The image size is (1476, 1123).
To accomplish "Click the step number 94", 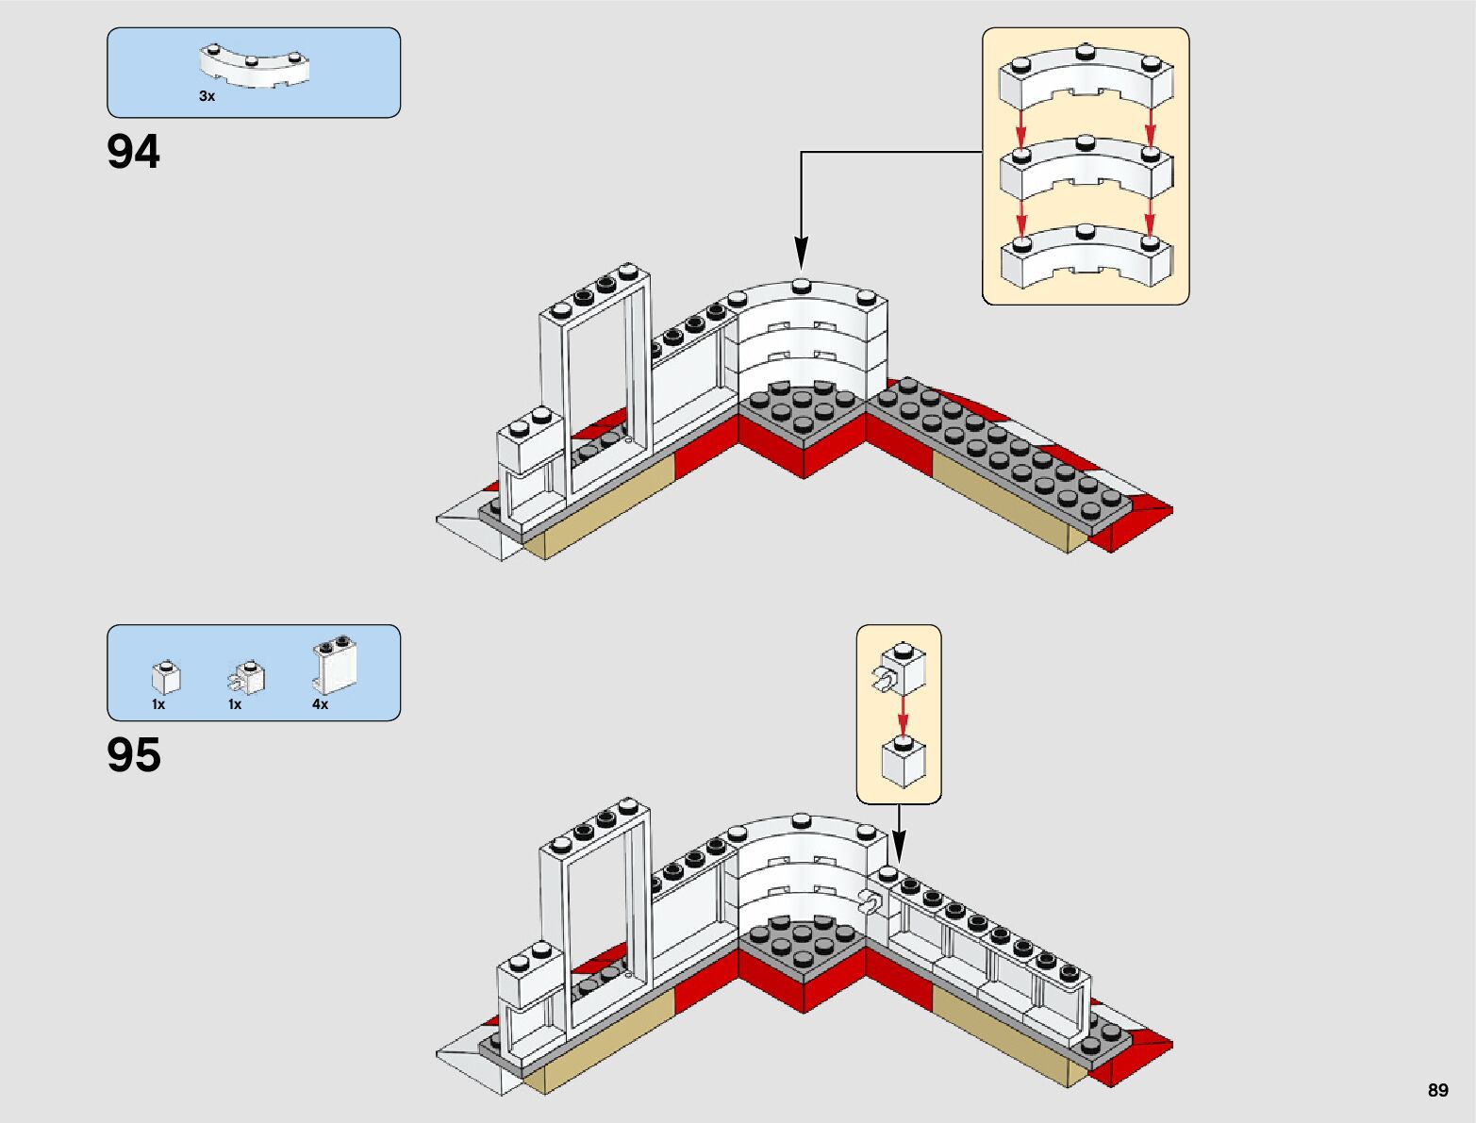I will [134, 152].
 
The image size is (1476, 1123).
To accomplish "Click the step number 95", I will [134, 755].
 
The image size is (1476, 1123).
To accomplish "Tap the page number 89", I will [1437, 1090].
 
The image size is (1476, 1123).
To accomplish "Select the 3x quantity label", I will [207, 96].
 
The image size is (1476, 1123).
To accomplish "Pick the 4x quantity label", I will [320, 704].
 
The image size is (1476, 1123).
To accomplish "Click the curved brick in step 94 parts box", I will [254, 68].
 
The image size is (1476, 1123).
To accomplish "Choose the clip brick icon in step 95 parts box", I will [247, 677].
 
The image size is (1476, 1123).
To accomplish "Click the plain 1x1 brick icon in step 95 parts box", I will [166, 677].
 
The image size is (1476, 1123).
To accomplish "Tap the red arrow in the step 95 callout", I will [903, 716].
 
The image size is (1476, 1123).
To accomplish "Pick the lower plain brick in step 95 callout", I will [903, 762].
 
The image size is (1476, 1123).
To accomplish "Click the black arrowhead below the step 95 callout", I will [898, 848].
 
